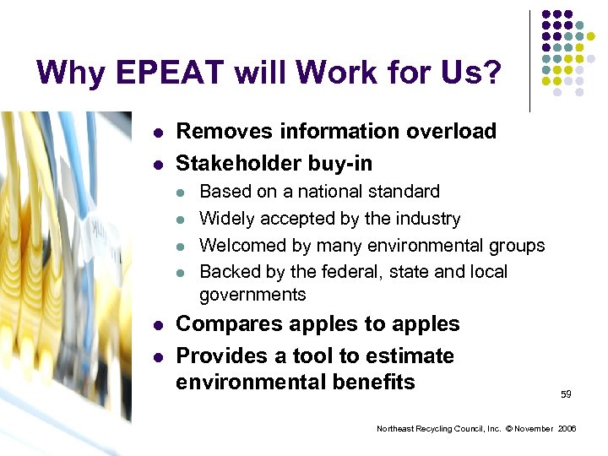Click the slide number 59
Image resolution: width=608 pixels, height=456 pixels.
(x=566, y=394)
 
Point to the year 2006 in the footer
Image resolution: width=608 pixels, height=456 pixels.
(x=566, y=429)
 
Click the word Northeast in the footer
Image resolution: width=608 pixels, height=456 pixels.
(x=395, y=429)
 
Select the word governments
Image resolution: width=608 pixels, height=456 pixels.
(x=252, y=295)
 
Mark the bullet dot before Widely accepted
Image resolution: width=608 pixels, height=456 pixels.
(x=180, y=220)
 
